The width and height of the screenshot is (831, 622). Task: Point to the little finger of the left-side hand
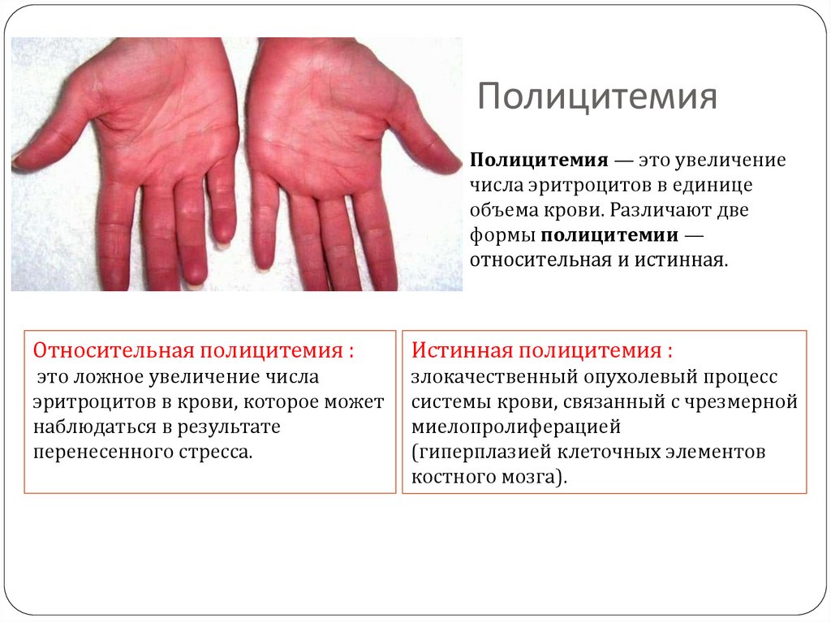(221, 199)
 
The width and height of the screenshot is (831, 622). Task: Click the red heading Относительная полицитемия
(193, 351)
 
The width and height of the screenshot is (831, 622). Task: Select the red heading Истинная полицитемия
(541, 351)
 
